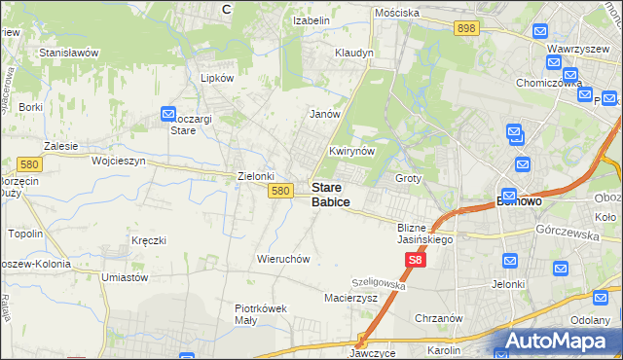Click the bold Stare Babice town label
pyautogui.click(x=331, y=194)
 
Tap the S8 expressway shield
pyautogui.click(x=416, y=260)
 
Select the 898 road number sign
pyautogui.click(x=465, y=29)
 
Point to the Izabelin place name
pyautogui.click(x=313, y=18)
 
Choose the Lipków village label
pyautogui.click(x=216, y=77)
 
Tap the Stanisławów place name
pyautogui.click(x=69, y=52)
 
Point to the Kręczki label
pyautogui.click(x=150, y=239)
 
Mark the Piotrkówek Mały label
pyautogui.click(x=261, y=314)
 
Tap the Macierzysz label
pyautogui.click(x=350, y=298)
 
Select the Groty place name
pyautogui.click(x=408, y=179)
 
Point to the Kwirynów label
pyautogui.click(x=351, y=152)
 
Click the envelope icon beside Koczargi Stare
pyautogui.click(x=167, y=114)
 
